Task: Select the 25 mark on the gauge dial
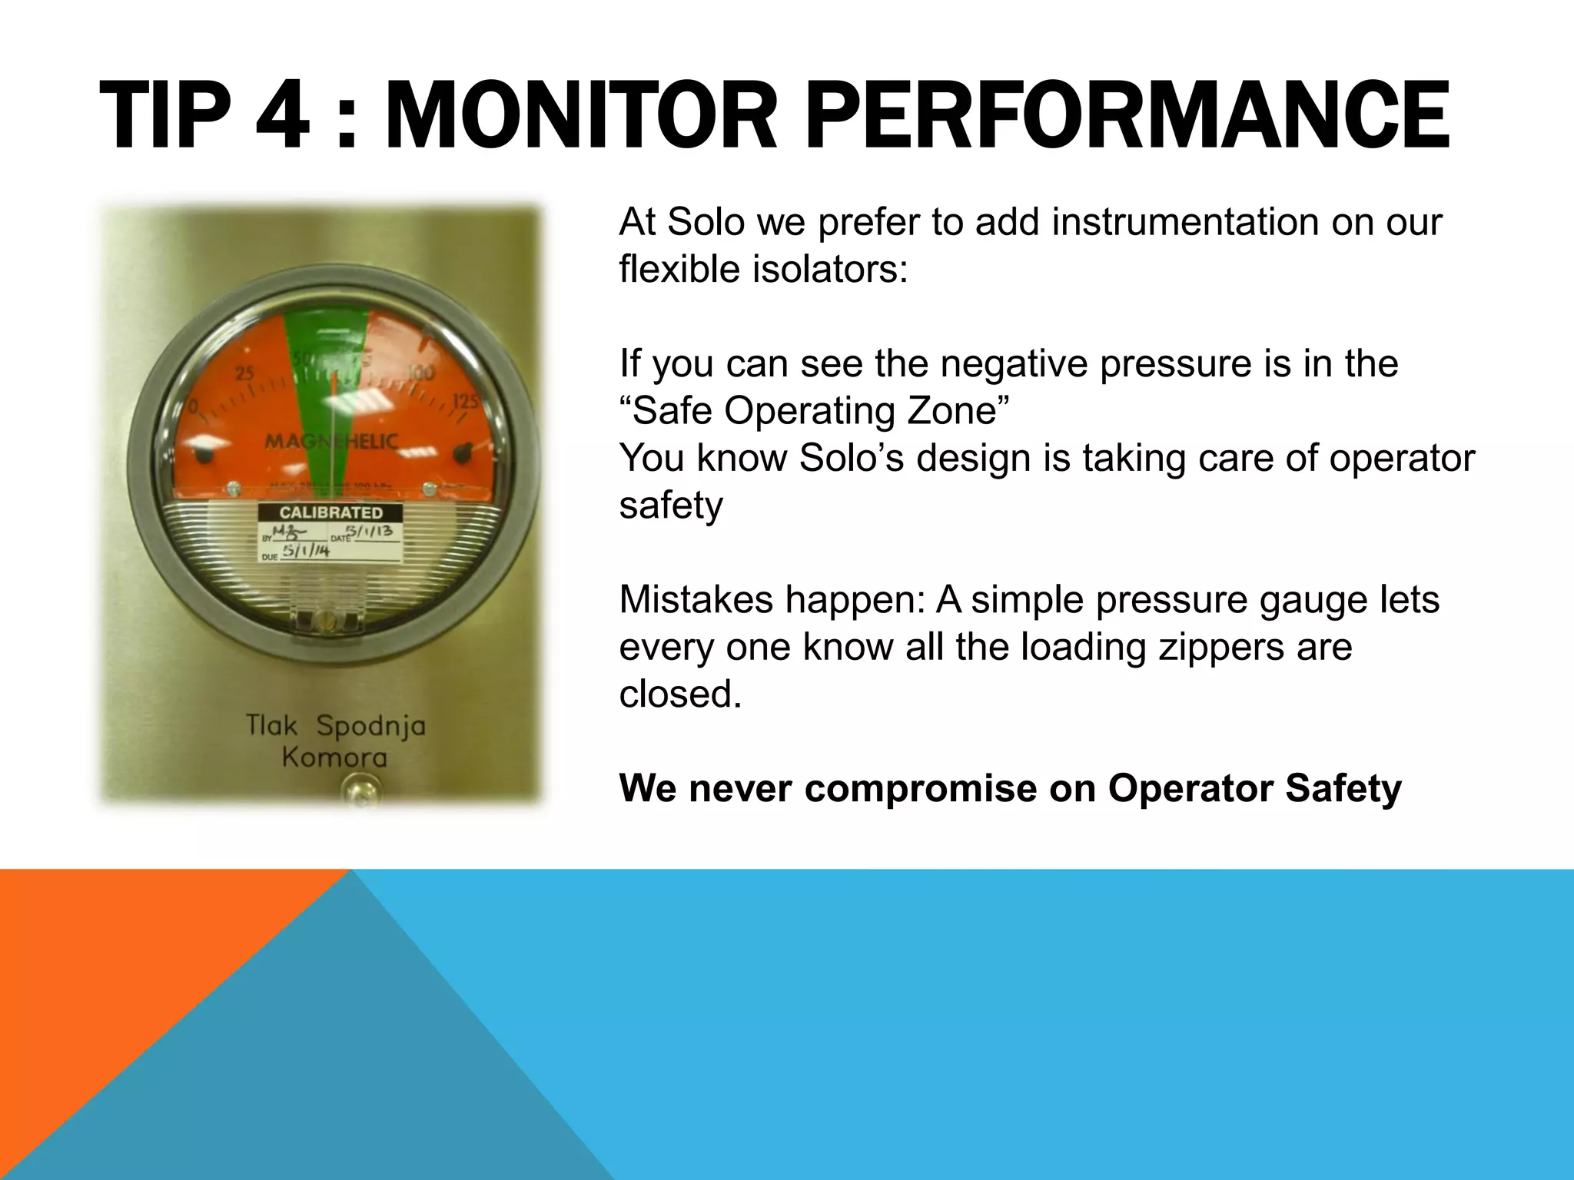[x=244, y=374]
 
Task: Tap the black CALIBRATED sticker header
[x=330, y=512]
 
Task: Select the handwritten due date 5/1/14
[x=306, y=551]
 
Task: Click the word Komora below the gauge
[x=334, y=758]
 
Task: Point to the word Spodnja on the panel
[x=370, y=726]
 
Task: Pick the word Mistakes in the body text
[x=696, y=600]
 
